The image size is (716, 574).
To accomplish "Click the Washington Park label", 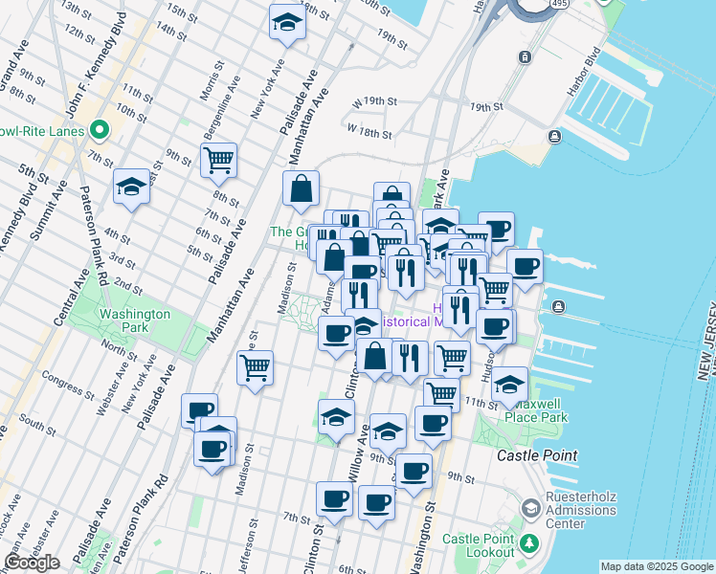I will (x=135, y=320).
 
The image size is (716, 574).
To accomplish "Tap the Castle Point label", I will (x=537, y=456).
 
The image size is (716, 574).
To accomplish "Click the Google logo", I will (x=32, y=563).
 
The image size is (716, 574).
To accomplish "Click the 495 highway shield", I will (x=559, y=6).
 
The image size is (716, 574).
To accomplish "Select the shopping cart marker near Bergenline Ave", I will (x=219, y=160).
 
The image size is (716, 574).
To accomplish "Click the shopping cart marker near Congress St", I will (x=255, y=367).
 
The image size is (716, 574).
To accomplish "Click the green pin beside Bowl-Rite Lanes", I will (x=99, y=130).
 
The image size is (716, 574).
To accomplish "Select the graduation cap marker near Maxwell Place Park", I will (x=510, y=385).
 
